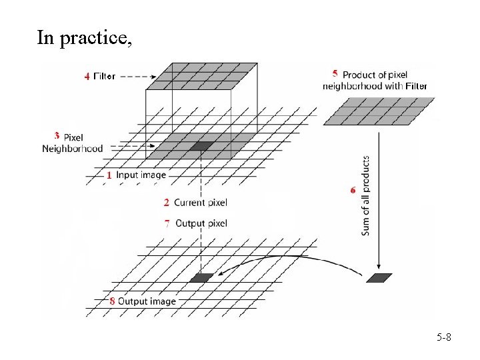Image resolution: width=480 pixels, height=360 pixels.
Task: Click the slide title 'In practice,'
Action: tap(84, 38)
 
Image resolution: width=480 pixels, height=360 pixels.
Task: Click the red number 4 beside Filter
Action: tap(87, 76)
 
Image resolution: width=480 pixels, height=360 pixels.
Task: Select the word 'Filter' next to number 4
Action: tap(104, 76)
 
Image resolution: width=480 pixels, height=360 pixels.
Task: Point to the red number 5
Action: tap(334, 74)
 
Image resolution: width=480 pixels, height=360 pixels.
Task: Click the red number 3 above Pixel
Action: tap(57, 135)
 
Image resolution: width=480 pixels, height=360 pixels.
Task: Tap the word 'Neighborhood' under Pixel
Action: tap(72, 149)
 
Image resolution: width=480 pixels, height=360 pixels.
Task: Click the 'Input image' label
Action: tap(141, 175)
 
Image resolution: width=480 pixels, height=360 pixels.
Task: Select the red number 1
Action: tap(109, 175)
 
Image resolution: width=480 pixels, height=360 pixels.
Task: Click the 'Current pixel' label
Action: tap(200, 202)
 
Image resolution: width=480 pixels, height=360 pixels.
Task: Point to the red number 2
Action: tap(166, 202)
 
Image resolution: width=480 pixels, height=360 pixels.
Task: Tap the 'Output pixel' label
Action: tap(201, 223)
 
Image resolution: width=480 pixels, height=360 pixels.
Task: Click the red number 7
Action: tap(167, 223)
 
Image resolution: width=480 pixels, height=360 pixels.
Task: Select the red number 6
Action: tap(353, 190)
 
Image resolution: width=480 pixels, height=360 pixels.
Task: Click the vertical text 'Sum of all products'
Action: tap(366, 195)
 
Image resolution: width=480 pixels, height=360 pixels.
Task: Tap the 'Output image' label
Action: tap(147, 301)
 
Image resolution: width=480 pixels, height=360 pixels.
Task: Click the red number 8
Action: tap(112, 301)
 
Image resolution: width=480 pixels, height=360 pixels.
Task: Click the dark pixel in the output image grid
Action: tap(201, 277)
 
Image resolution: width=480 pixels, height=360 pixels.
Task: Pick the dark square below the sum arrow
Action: tap(379, 278)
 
